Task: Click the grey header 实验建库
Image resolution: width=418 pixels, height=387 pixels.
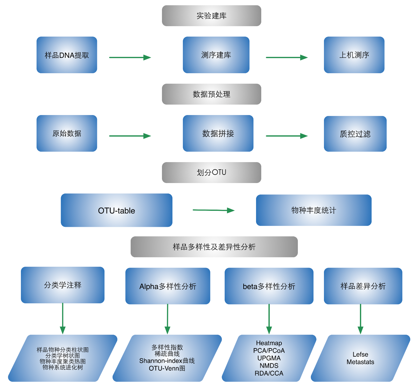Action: point(211,16)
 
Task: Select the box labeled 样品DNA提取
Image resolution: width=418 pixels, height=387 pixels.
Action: point(67,55)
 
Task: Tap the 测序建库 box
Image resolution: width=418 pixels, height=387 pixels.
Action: point(216,55)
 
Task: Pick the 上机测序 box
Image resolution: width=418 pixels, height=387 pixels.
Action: point(354,55)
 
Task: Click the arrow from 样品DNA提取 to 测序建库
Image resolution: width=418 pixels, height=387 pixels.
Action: point(130,58)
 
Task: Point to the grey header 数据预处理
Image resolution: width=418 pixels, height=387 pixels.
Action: point(211,94)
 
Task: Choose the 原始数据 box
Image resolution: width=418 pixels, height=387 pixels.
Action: point(67,133)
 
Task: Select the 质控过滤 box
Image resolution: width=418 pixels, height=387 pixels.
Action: point(355,134)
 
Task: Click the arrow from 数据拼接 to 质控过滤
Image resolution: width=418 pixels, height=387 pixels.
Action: point(286,136)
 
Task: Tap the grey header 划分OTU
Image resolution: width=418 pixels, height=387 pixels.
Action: point(211,173)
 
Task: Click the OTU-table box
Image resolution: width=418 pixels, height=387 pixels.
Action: point(116,210)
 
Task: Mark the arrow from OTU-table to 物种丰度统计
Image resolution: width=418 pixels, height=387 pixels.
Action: point(214,210)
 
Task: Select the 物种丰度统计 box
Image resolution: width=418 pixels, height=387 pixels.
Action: point(313,210)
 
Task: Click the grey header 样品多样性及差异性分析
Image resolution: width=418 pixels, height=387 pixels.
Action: point(214,247)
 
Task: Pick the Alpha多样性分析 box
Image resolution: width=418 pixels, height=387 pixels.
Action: point(168,286)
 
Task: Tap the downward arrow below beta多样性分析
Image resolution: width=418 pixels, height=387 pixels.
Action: point(269,319)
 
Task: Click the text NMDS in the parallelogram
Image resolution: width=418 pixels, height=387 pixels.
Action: point(269,366)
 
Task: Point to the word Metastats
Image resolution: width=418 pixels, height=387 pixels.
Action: point(360,362)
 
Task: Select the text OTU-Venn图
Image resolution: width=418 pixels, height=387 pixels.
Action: point(167,368)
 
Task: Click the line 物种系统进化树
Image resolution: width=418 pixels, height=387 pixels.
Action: point(63,367)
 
